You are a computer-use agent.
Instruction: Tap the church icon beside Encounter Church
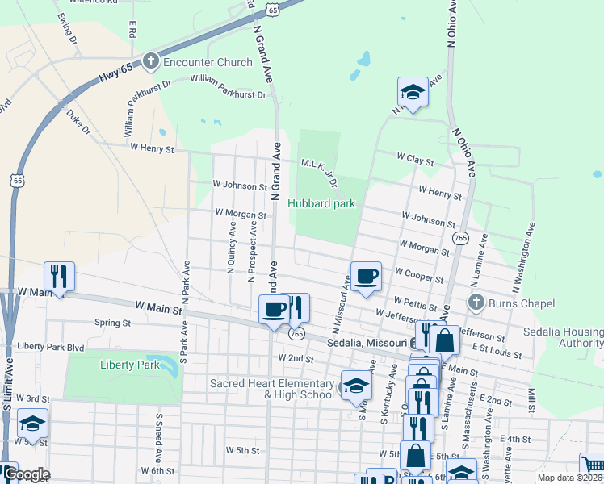tap(150, 61)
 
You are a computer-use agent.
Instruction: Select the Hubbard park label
tap(321, 204)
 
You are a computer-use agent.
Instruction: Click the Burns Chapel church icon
tap(476, 303)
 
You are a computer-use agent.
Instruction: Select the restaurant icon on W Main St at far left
tap(59, 277)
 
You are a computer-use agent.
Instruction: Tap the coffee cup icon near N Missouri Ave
tap(366, 276)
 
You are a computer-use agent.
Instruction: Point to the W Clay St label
tap(414, 161)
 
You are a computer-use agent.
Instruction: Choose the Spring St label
tap(112, 323)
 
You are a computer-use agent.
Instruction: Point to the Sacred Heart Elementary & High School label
tap(271, 389)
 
